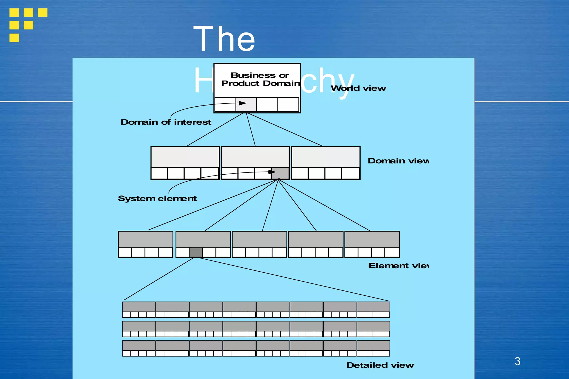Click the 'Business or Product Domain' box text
[260, 79]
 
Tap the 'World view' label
[358, 88]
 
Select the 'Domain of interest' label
[166, 122]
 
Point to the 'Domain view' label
[398, 161]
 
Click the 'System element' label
[157, 199]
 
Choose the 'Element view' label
[398, 266]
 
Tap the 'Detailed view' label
[380, 365]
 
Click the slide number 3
[517, 361]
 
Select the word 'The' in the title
[224, 39]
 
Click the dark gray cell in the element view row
[196, 252]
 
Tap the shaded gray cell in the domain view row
[280, 173]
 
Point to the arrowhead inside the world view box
[243, 103]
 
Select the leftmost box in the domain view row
[185, 163]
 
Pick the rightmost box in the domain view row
[326, 163]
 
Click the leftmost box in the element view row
[146, 244]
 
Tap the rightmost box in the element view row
[372, 244]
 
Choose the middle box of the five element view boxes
[259, 244]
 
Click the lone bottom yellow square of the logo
[14, 38]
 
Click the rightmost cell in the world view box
[288, 104]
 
